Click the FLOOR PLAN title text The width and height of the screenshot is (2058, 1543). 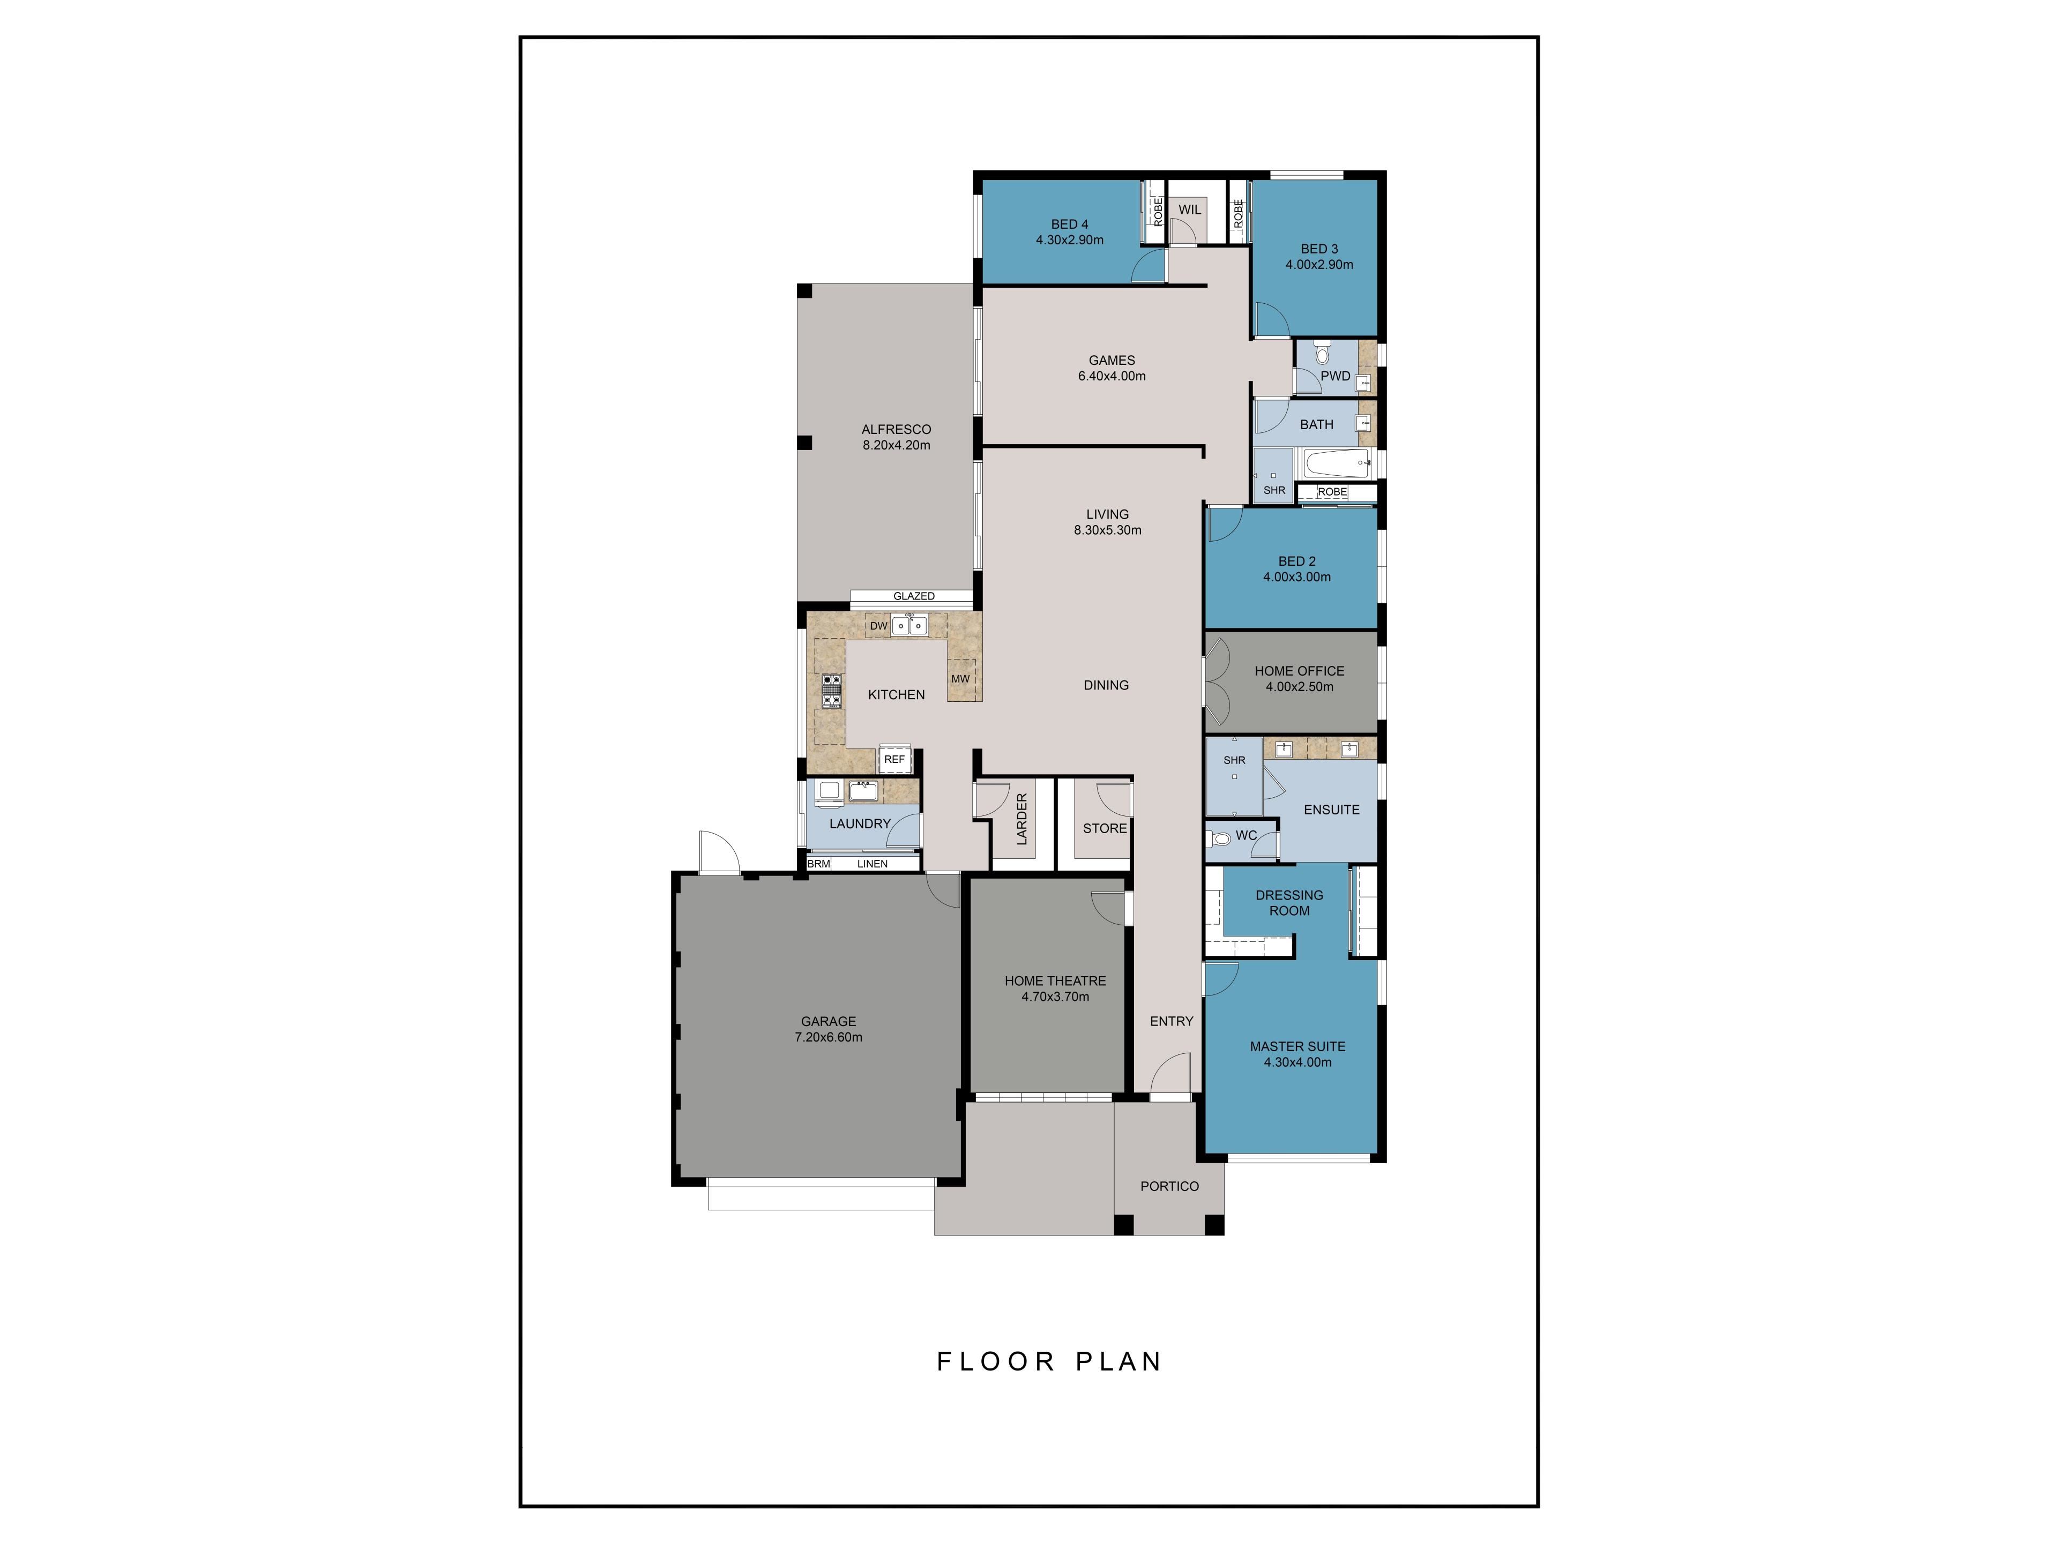point(1049,1361)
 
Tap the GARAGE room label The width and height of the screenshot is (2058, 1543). point(828,1021)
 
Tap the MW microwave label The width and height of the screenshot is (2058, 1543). point(960,679)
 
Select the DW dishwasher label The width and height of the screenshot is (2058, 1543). point(878,626)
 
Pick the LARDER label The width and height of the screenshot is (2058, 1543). point(1021,819)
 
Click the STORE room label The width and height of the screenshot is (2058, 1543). point(1105,828)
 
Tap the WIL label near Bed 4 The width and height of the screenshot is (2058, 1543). point(1190,209)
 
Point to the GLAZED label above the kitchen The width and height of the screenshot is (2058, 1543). point(914,596)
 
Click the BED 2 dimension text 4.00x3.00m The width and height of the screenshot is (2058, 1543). point(1297,576)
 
